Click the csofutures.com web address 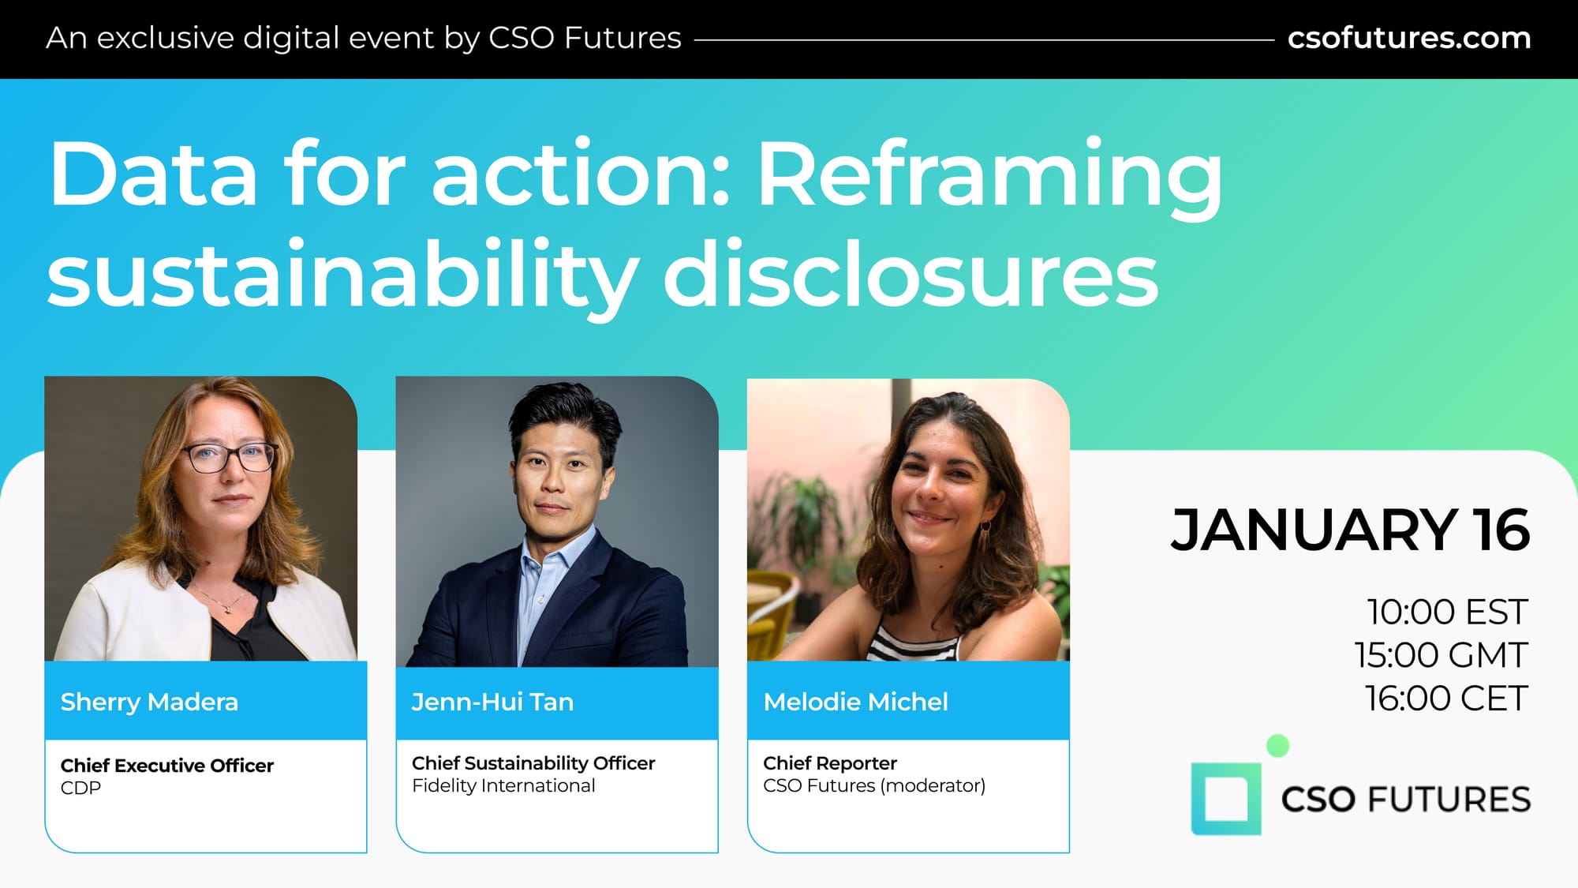pos(1409,38)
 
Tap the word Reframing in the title pos(990,178)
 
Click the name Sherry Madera pos(149,702)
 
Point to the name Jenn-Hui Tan pos(492,702)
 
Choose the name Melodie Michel pos(855,702)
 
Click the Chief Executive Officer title pos(167,766)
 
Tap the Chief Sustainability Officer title pos(533,763)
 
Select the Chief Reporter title pos(830,763)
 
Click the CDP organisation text pos(80,788)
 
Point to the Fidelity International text pos(503,785)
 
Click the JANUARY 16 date pos(1350,530)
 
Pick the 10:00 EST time pos(1448,612)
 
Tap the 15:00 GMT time pos(1442,655)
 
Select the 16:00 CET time pos(1447,699)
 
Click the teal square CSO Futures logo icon pos(1225,799)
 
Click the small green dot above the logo pos(1277,746)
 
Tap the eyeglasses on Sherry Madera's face pos(230,457)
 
